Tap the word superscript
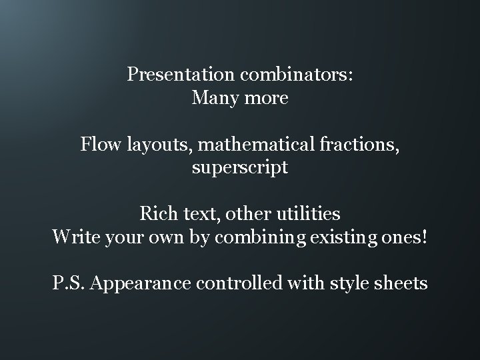(240, 167)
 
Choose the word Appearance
(140, 283)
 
